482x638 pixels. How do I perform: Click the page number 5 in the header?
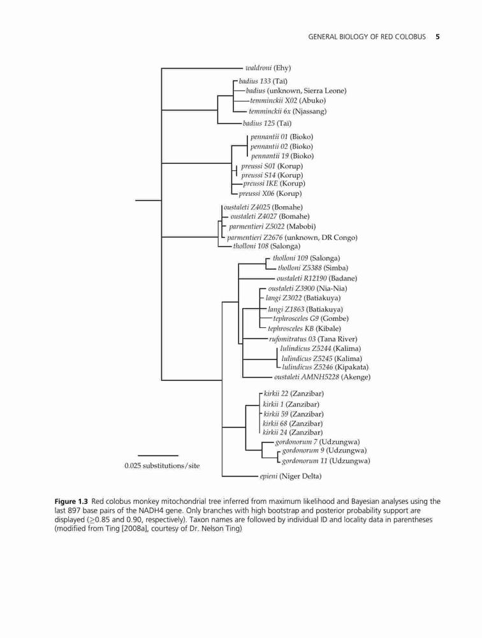(x=437, y=36)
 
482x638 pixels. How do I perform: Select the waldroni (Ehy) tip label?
(x=268, y=68)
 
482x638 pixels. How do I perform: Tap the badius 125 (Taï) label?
(x=267, y=123)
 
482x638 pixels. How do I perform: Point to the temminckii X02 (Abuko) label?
(x=288, y=101)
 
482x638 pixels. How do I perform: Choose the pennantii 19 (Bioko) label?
(x=282, y=156)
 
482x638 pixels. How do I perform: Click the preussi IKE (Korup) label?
(x=274, y=184)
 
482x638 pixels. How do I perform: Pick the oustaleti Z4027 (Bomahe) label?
(x=270, y=216)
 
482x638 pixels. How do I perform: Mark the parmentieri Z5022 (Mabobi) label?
(x=272, y=226)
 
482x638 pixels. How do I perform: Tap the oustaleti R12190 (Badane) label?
(x=317, y=278)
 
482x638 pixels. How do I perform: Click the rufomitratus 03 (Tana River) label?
(x=313, y=339)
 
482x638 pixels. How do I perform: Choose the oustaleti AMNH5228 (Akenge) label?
(x=323, y=377)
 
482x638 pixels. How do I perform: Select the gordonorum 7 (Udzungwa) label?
(x=318, y=442)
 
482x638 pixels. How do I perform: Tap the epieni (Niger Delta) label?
(x=291, y=476)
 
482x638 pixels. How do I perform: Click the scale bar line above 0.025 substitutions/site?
(x=158, y=456)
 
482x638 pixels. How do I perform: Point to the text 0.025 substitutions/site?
(x=163, y=466)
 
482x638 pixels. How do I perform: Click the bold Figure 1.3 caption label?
(x=71, y=501)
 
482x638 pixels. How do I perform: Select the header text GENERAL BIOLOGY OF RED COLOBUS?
(x=367, y=36)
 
